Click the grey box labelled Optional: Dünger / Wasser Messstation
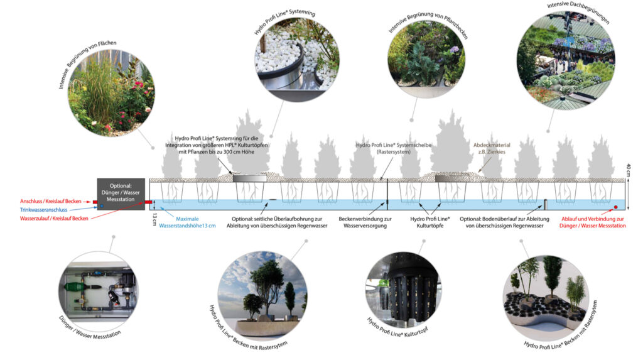click(121, 194)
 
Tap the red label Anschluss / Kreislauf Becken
click(50, 201)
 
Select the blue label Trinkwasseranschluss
click(43, 210)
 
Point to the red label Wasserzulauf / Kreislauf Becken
click(54, 219)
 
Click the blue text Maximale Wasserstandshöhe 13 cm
click(187, 222)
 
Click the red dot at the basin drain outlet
click(615, 207)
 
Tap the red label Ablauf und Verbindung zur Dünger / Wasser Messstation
click(593, 222)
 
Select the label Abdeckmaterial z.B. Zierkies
click(492, 148)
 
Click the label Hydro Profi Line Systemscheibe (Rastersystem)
click(394, 148)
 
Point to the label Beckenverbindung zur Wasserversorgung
click(365, 222)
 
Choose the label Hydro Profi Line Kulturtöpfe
click(430, 222)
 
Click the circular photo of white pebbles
click(297, 60)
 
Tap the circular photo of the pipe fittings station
click(98, 292)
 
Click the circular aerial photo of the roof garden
click(566, 60)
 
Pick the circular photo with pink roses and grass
click(111, 93)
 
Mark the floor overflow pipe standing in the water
click(546, 204)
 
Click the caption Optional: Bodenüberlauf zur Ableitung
click(504, 219)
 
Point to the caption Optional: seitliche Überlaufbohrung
click(277, 219)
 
